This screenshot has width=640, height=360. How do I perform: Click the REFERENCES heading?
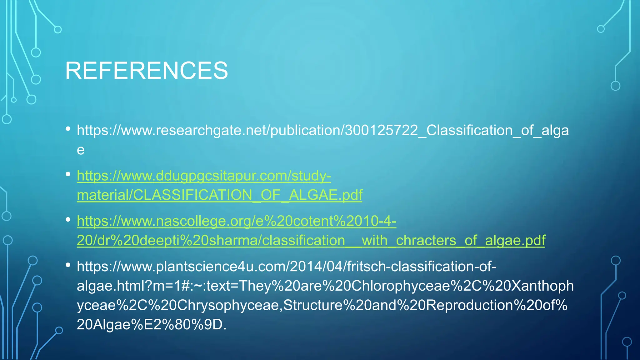click(146, 71)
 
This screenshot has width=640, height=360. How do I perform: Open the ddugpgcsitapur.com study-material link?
click(204, 176)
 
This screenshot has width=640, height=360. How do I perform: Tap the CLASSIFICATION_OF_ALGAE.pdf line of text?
click(219, 195)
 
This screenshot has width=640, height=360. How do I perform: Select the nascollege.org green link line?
click(236, 221)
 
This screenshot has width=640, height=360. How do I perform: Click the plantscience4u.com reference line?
click(286, 267)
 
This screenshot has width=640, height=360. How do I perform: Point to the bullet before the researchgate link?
click(68, 129)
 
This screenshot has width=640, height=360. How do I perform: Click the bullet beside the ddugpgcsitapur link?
click(68, 174)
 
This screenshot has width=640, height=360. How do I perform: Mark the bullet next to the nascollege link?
click(68, 220)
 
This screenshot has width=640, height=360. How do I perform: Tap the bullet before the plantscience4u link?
click(68, 265)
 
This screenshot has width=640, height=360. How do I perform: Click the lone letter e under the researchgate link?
click(81, 150)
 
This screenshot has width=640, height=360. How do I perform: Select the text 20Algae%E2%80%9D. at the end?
click(151, 325)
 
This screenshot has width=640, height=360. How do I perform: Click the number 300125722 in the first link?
click(381, 130)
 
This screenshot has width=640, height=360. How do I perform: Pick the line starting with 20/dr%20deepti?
click(311, 241)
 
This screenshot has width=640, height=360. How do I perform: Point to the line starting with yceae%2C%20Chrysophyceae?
click(322, 305)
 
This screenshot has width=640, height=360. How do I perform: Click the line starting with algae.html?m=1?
click(325, 286)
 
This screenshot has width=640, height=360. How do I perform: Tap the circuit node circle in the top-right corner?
click(601, 29)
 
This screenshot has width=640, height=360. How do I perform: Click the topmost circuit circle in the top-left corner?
click(58, 30)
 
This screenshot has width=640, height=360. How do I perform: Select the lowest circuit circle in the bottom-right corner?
click(627, 342)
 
